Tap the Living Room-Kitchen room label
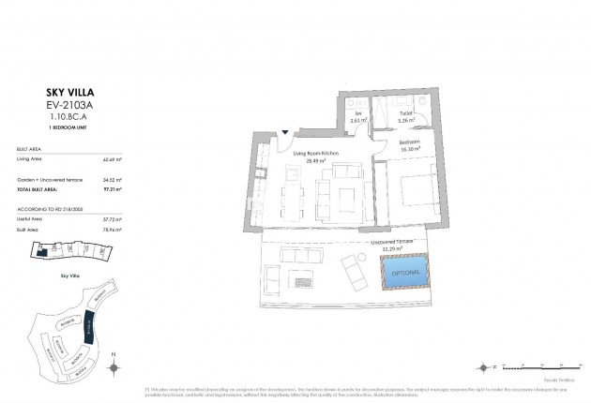(314, 156)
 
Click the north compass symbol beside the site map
(113, 365)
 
